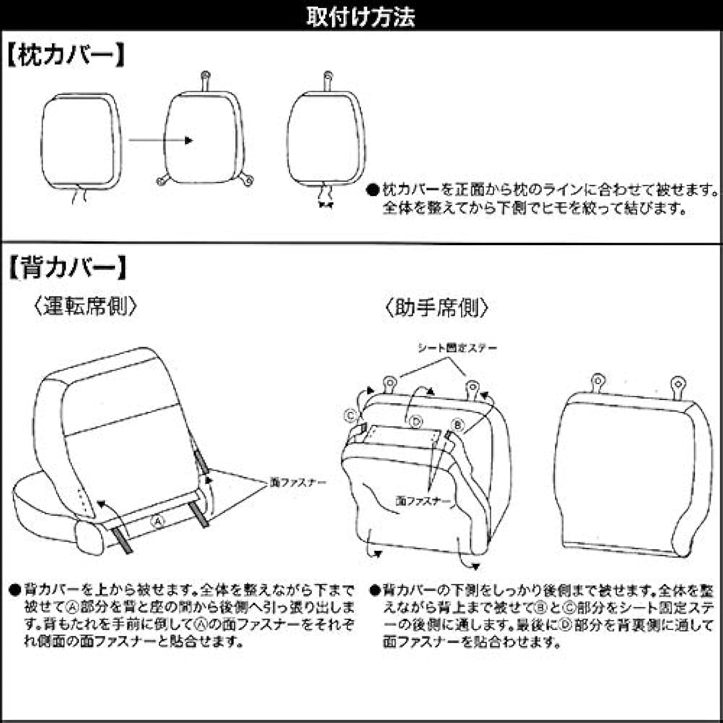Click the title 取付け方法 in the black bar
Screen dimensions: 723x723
coord(361,16)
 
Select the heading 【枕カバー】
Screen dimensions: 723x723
coord(67,56)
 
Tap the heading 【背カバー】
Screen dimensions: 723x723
coord(67,268)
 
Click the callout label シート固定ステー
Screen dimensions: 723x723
coord(457,348)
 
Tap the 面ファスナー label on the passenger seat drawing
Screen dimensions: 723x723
coord(424,500)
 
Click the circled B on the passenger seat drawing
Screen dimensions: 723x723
coord(457,424)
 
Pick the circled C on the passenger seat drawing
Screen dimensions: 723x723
coord(350,415)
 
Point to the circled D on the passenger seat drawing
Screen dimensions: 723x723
coord(415,421)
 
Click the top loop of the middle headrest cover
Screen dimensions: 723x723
coord(205,76)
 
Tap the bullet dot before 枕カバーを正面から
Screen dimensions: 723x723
coord(372,192)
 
